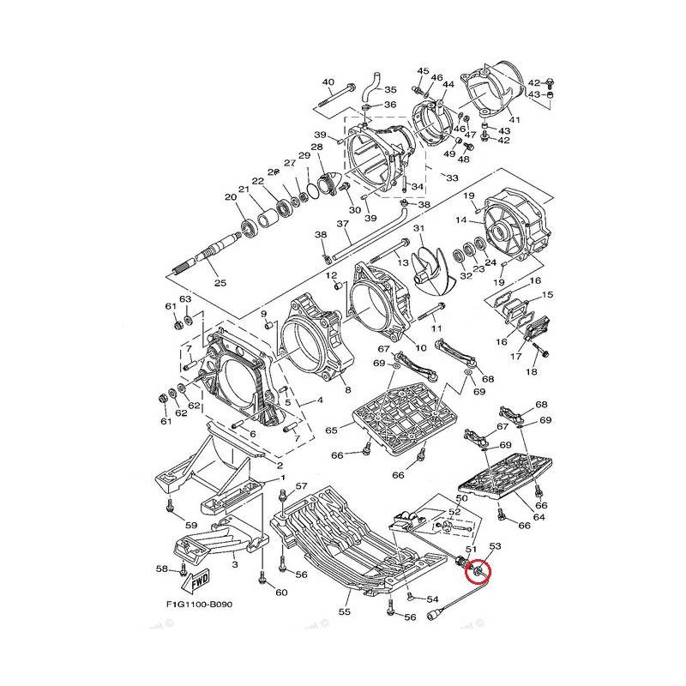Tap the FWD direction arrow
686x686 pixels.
coord(196,580)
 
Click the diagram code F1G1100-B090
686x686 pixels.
coord(199,605)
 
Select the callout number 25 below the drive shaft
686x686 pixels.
coord(220,283)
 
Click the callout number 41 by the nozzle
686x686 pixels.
coord(515,119)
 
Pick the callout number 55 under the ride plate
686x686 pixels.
coord(345,611)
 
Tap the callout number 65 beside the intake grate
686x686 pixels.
coord(331,430)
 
